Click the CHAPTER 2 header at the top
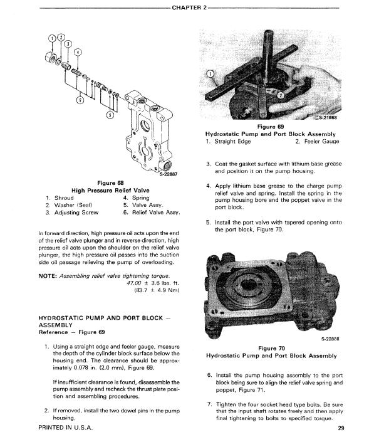point(189,8)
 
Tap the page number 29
point(341,428)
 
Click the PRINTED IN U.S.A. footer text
point(66,428)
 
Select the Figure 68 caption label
point(110,183)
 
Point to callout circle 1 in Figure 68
point(53,38)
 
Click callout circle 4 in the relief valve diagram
point(78,52)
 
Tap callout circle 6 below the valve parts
point(80,100)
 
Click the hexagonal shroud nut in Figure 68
point(51,57)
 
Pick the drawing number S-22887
point(168,174)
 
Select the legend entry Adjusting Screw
point(76,213)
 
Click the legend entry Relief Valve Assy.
point(156,213)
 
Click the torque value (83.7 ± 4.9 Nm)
point(157,290)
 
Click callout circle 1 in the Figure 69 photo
point(210,74)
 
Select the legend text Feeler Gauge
point(321,141)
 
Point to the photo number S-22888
point(330,339)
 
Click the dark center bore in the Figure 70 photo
point(247,285)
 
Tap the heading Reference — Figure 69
point(72,332)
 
